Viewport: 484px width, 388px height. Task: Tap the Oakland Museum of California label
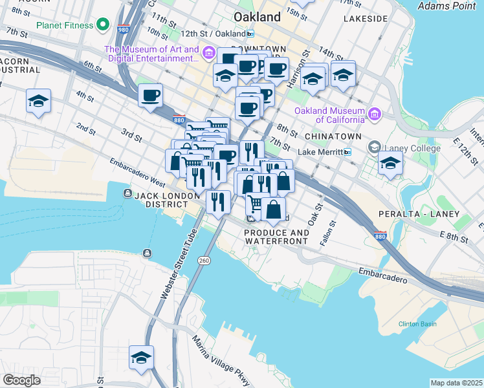[x=329, y=115]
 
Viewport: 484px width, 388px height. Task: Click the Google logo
[x=21, y=380]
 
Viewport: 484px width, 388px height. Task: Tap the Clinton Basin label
[x=417, y=324]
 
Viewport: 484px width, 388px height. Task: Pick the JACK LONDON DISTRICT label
[x=166, y=200]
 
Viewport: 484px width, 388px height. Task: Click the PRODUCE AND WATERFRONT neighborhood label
[x=276, y=237]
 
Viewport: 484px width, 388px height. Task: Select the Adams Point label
[x=447, y=6]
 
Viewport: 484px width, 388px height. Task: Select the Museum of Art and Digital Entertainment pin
[x=209, y=52]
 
